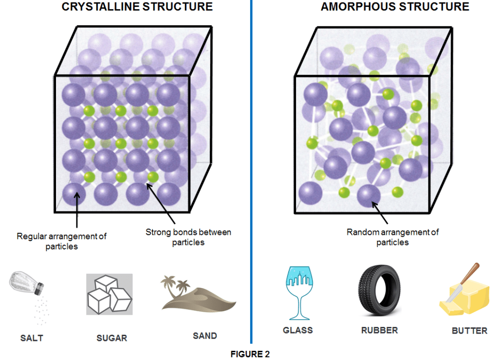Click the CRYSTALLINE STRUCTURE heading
coord(137,7)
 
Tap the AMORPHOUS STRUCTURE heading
coord(395,7)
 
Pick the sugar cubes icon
coord(110,294)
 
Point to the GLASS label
coord(297,330)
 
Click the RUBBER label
coord(379,330)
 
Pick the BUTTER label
coord(469,331)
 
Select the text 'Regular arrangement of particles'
coord(62,241)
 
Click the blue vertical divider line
coord(251,171)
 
